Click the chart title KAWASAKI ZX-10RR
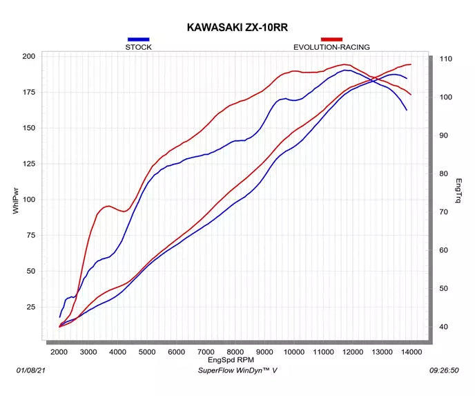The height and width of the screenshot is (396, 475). tap(237, 27)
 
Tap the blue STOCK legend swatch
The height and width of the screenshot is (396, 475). tap(139, 39)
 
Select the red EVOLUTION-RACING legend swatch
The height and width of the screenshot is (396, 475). tap(331, 39)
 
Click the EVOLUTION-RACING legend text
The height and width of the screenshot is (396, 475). tap(331, 47)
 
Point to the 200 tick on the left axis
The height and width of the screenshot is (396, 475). tap(29, 57)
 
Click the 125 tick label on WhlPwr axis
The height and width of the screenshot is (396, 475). tap(29, 164)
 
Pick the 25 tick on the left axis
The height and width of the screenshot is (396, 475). tap(31, 307)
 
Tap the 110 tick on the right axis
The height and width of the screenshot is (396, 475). tap(445, 59)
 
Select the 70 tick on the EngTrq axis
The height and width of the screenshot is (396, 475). tap(443, 212)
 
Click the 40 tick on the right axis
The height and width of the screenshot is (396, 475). tap(443, 327)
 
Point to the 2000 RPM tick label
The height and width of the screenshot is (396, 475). tap(59, 352)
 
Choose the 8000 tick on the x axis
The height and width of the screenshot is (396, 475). tap(235, 352)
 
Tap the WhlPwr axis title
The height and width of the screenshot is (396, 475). tap(16, 201)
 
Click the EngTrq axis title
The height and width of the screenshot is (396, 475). tap(458, 191)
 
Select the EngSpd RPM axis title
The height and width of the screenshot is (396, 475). tap(231, 360)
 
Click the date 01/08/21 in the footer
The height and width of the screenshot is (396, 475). tap(30, 370)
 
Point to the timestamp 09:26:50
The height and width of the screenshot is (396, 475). tap(444, 370)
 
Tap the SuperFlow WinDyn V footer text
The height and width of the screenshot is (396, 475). tap(237, 370)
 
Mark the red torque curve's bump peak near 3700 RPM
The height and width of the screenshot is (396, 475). tap(108, 206)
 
